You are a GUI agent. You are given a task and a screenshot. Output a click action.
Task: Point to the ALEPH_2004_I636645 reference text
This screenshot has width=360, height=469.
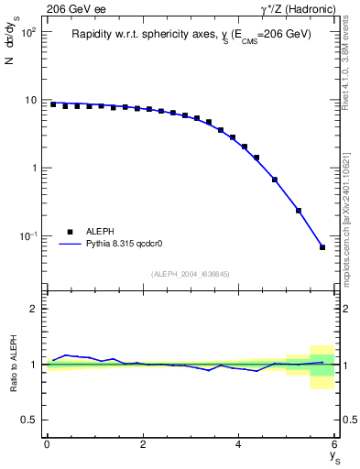pyautogui.click(x=191, y=273)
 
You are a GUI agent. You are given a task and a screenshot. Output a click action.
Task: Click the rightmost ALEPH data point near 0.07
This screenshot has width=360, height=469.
pyautogui.click(x=322, y=247)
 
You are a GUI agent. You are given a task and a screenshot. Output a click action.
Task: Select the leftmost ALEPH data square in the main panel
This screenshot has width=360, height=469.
pyautogui.click(x=53, y=104)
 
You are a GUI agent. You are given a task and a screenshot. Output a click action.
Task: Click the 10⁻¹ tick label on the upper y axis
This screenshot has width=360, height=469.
pyautogui.click(x=28, y=236)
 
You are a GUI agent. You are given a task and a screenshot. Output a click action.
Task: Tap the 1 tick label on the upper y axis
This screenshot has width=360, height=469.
pyautogui.click(x=34, y=169)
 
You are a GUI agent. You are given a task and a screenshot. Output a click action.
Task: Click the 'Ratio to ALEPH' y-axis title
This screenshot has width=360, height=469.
pyautogui.click(x=12, y=365)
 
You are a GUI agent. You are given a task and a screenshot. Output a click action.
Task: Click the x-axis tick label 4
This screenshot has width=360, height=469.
pyautogui.click(x=238, y=444)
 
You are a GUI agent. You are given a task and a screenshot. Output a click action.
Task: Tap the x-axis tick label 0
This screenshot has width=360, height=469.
pyautogui.click(x=47, y=444)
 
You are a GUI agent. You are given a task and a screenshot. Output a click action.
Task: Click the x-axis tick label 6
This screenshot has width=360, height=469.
pyautogui.click(x=334, y=444)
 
